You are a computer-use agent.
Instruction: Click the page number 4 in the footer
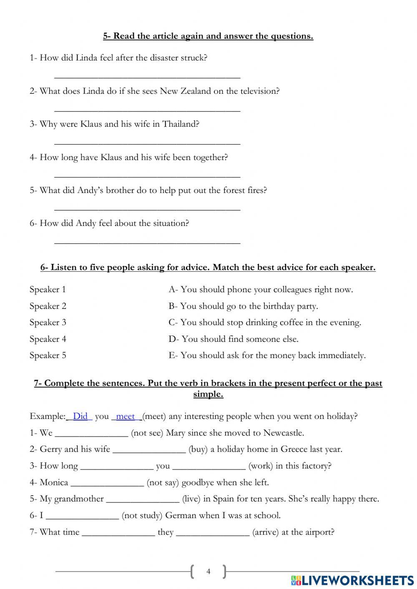click(208, 571)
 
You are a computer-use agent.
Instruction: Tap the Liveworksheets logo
click(352, 580)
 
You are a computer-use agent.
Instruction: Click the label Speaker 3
click(48, 322)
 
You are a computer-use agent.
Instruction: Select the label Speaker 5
click(48, 355)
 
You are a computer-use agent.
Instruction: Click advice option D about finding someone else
click(234, 339)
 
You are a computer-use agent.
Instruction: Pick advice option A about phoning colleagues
click(261, 289)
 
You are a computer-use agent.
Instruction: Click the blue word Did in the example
click(80, 416)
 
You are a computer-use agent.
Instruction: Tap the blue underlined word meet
click(125, 416)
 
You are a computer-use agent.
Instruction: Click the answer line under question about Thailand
click(147, 143)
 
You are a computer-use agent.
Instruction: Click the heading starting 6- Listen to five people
click(208, 268)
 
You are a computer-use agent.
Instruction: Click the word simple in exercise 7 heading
click(208, 394)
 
